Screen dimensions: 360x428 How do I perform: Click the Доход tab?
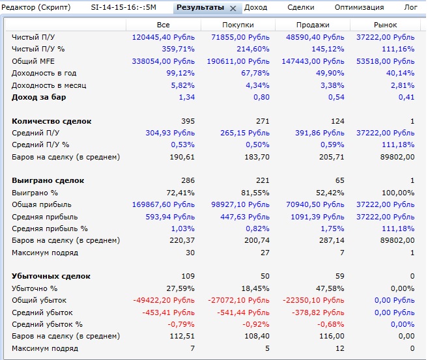tap(255, 7)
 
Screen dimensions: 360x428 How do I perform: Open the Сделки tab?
tap(300, 7)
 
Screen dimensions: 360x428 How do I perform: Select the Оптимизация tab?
tap(359, 7)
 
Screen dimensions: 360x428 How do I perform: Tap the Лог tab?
tap(410, 7)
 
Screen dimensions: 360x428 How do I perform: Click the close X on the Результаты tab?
tap(233, 8)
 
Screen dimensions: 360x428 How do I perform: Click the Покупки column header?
tap(237, 25)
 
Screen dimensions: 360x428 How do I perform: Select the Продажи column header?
tap(311, 25)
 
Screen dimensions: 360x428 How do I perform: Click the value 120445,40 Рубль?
tap(162, 38)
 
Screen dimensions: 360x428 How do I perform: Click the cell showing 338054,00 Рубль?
tap(162, 61)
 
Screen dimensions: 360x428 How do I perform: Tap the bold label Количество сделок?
tap(51, 121)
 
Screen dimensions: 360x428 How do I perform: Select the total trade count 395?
tap(186, 121)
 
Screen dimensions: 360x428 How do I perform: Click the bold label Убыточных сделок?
tap(51, 276)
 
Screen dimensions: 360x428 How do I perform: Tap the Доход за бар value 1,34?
tap(186, 97)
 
